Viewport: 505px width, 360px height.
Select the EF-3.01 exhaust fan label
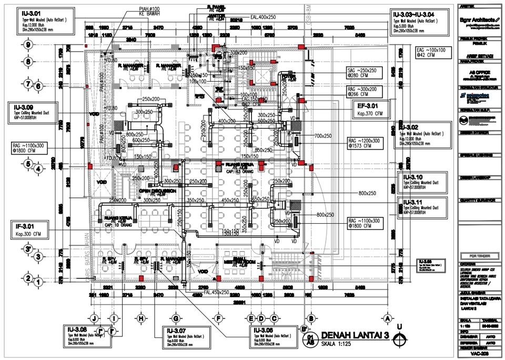[368, 106]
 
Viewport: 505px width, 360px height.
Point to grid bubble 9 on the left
[27, 45]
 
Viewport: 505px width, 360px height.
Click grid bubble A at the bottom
[388, 318]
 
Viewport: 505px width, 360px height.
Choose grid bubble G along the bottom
[175, 318]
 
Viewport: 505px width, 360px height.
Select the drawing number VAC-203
[478, 355]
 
